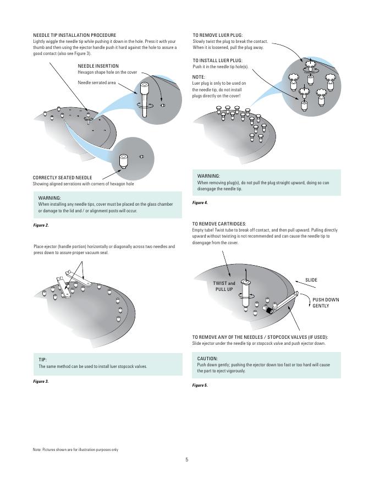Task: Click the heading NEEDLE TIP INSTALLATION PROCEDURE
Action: click(75, 35)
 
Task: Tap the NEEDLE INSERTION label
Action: click(98, 66)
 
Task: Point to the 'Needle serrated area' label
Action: click(97, 82)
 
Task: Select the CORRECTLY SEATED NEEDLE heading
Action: click(62, 178)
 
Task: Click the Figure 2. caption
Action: click(41, 226)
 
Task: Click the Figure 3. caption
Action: click(41, 382)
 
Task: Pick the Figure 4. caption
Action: click(200, 203)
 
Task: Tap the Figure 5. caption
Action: click(200, 385)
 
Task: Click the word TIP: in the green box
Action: click(42, 360)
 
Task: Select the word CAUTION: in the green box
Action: click(207, 359)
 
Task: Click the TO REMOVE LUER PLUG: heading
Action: click(218, 35)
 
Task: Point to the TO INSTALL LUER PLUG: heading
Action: click(218, 61)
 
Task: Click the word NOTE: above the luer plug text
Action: click(199, 77)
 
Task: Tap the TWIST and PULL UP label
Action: click(224, 286)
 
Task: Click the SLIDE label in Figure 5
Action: click(311, 280)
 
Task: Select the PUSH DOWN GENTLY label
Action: click(326, 303)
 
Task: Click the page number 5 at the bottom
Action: click(186, 460)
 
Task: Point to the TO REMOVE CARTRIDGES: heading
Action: click(219, 224)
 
